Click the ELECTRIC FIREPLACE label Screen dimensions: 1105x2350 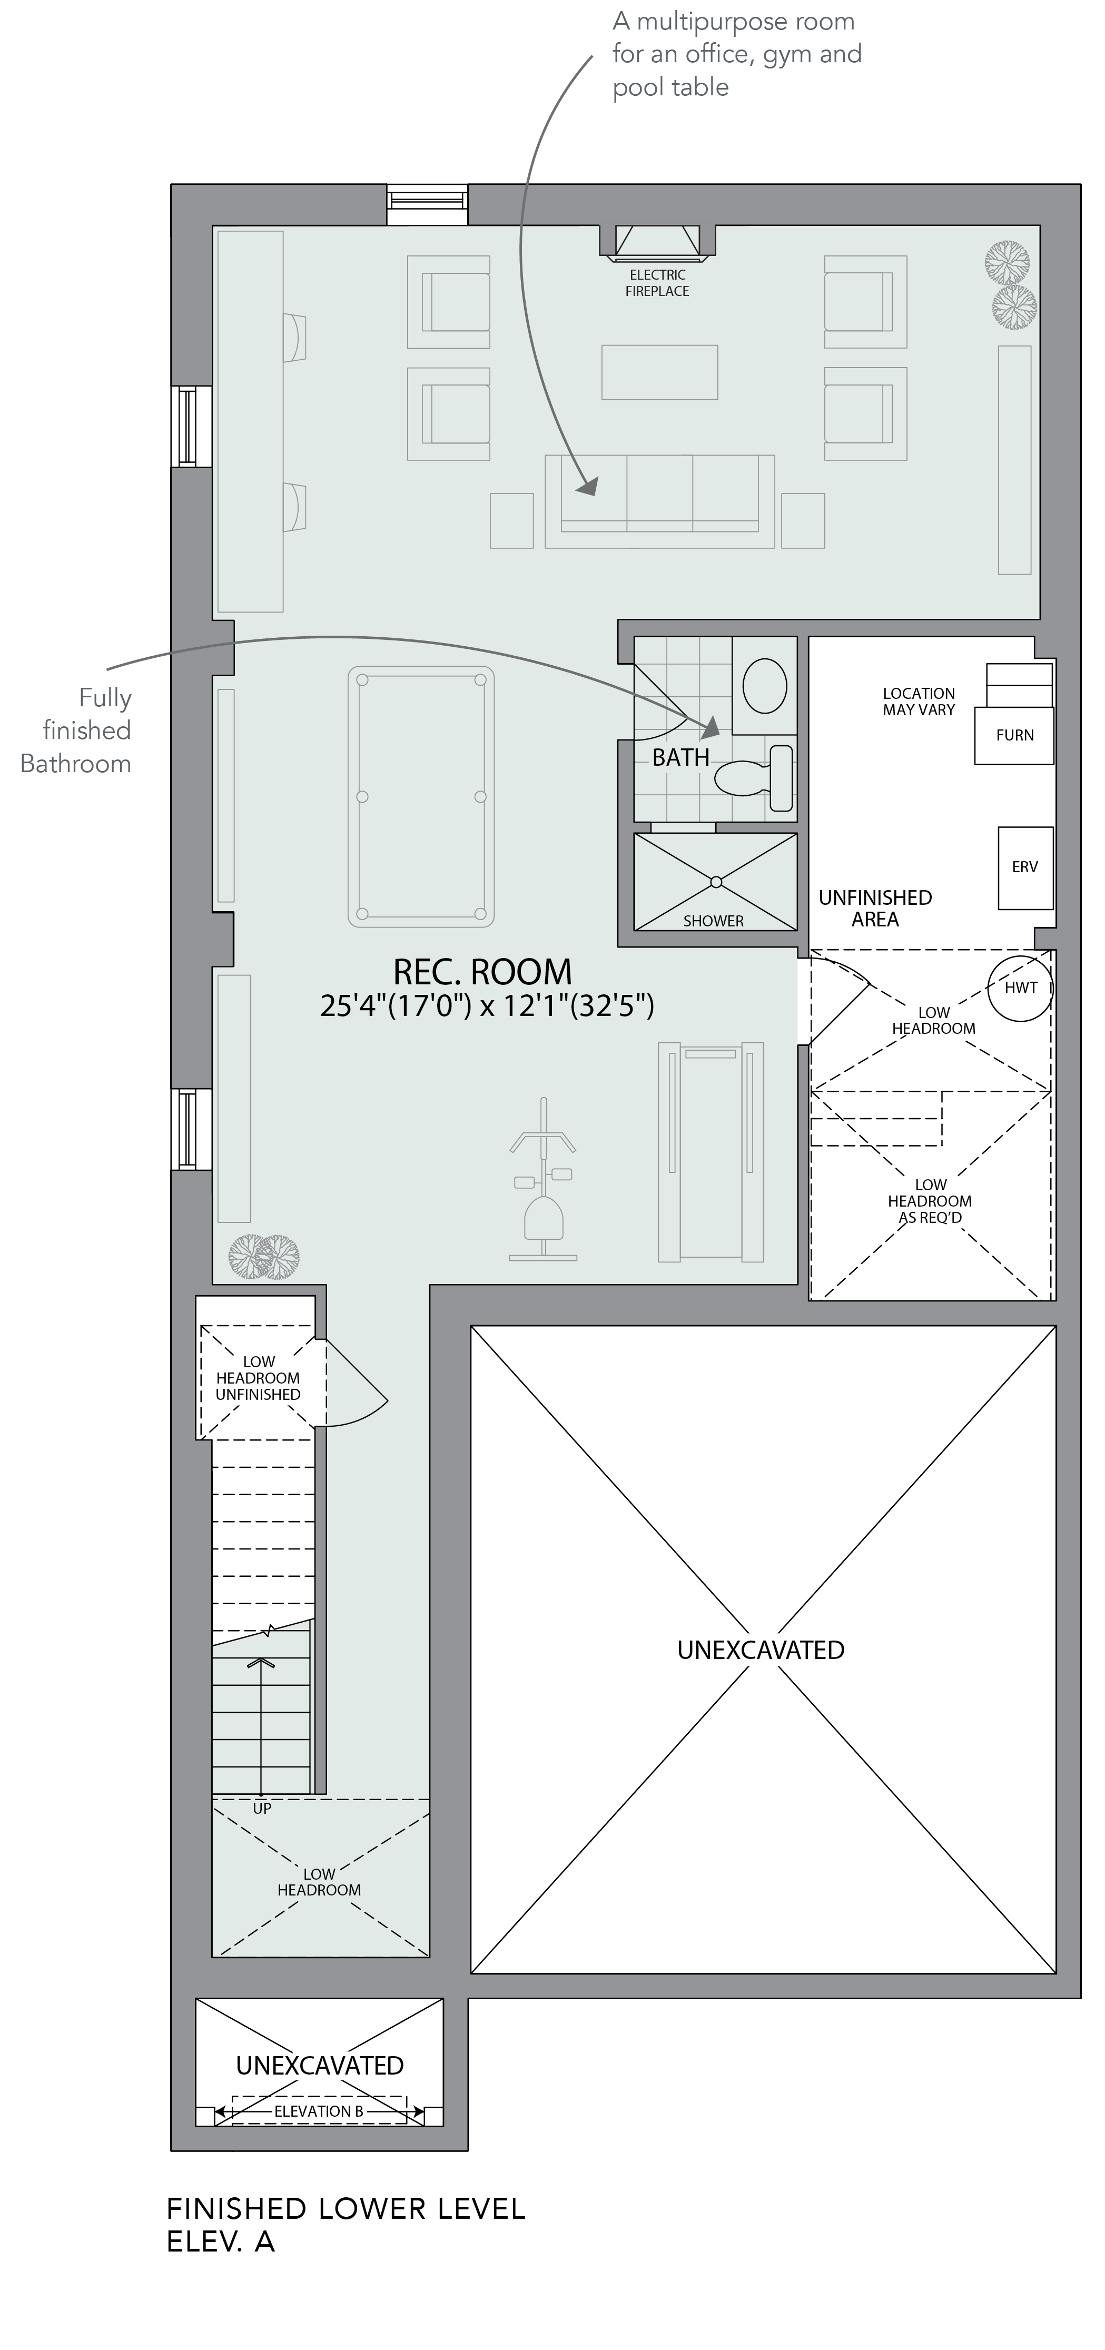click(657, 283)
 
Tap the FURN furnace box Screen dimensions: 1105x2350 click(1014, 735)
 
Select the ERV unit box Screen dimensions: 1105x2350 click(1025, 867)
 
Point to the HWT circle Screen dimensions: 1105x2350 click(1020, 987)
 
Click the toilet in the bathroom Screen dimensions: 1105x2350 click(755, 778)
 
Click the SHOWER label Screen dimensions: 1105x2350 click(714, 921)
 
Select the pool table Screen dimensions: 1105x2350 click(421, 796)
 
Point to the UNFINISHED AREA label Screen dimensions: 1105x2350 click(875, 909)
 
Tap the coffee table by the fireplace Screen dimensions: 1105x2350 click(660, 372)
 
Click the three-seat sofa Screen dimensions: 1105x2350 click(660, 502)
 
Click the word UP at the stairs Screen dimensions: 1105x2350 click(262, 1808)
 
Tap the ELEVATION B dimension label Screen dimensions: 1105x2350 click(319, 2111)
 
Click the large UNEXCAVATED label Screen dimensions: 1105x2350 click(761, 1650)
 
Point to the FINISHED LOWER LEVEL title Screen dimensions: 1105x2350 click(346, 2209)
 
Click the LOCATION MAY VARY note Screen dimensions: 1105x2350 click(919, 702)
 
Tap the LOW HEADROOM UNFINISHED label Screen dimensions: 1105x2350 click(258, 1378)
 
